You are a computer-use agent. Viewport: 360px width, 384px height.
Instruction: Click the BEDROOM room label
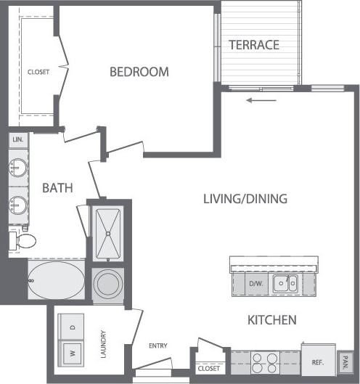(x=139, y=72)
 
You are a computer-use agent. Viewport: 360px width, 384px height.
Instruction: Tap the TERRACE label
(x=254, y=45)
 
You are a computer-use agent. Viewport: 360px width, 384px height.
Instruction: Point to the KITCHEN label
(x=271, y=319)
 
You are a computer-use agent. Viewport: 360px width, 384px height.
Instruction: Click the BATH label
(x=57, y=188)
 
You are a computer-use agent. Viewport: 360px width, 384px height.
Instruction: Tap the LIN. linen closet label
(x=17, y=139)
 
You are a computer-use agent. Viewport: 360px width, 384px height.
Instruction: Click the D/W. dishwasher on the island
(x=256, y=284)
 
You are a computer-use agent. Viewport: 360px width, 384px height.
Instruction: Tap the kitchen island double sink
(x=285, y=283)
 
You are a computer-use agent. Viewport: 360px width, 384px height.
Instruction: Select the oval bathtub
(x=54, y=279)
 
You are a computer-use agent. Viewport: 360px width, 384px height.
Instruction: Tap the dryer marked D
(x=71, y=327)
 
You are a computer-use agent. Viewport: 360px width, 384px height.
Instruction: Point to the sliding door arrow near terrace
(x=256, y=100)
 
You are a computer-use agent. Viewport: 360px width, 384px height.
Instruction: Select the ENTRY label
(x=159, y=346)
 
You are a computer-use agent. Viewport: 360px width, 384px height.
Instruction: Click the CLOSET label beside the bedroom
(x=38, y=72)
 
